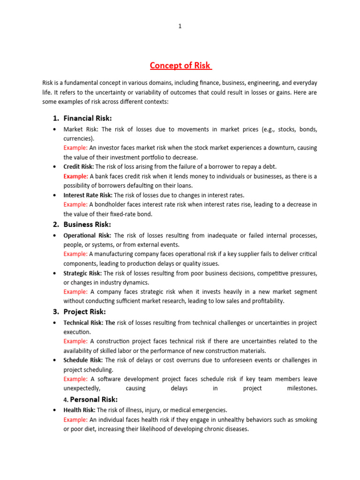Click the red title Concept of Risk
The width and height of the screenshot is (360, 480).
[x=180, y=65]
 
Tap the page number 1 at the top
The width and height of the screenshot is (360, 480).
[x=180, y=26]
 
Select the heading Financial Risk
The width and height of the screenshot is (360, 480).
[x=88, y=118]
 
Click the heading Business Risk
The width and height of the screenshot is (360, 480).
[x=87, y=224]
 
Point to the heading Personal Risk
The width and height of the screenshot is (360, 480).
[x=93, y=399]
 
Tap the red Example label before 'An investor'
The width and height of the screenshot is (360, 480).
[x=75, y=148]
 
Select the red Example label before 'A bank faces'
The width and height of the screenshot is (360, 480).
[x=75, y=176]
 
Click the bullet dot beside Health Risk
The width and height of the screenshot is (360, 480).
[x=55, y=410]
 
